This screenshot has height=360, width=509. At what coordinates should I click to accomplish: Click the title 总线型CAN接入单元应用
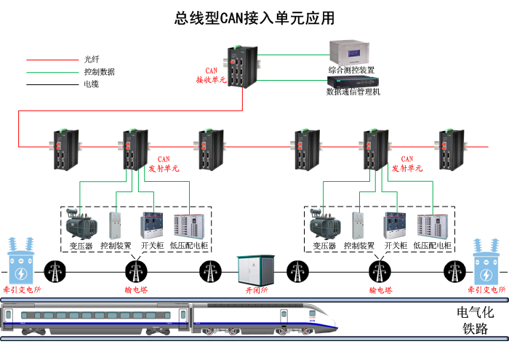point(254,17)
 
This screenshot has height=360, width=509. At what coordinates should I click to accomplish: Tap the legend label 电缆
point(92,84)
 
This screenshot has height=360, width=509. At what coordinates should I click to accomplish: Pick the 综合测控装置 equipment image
point(351,52)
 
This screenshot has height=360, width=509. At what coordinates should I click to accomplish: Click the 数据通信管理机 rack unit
point(351,81)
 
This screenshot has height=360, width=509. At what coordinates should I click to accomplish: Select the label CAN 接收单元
point(212,76)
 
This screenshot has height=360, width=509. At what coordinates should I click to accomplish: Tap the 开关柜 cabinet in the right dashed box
point(396,225)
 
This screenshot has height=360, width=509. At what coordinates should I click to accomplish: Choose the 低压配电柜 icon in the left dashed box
point(187,226)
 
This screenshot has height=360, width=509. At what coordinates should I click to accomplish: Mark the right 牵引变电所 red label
point(487,289)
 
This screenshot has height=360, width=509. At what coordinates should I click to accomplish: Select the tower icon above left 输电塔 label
point(135,271)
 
